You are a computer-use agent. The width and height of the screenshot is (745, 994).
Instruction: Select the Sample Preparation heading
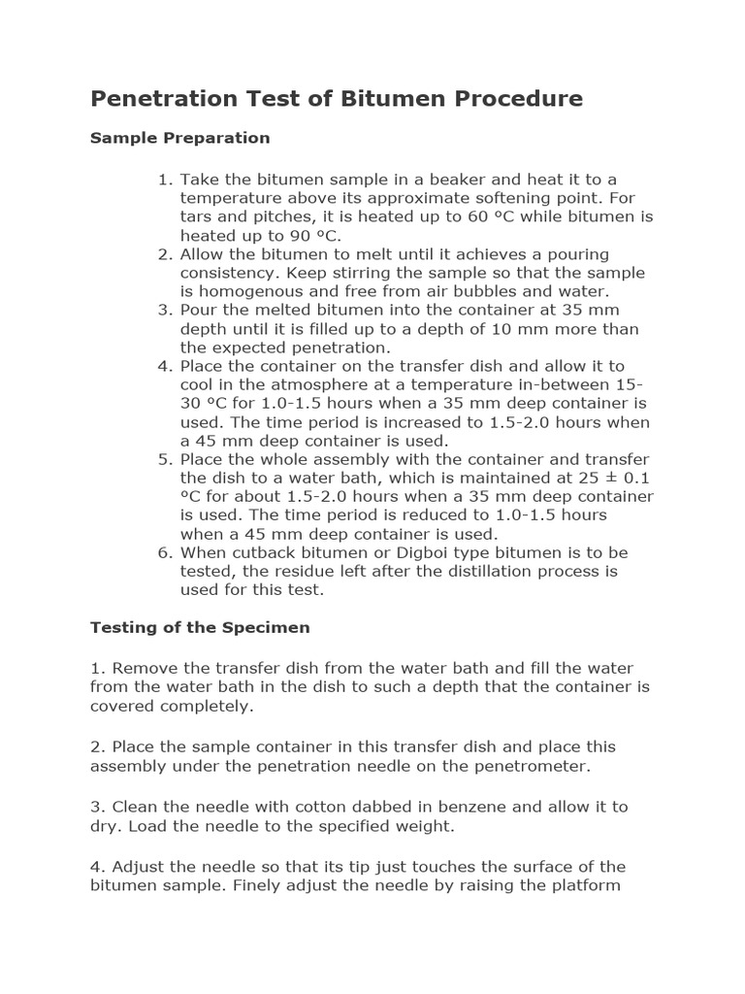pyautogui.click(x=179, y=138)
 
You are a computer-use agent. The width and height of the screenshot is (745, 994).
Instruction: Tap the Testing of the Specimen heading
pyautogui.click(x=200, y=627)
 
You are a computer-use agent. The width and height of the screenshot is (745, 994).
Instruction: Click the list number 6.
pyautogui.click(x=164, y=552)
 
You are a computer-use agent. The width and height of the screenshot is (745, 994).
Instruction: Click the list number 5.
pyautogui.click(x=164, y=459)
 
